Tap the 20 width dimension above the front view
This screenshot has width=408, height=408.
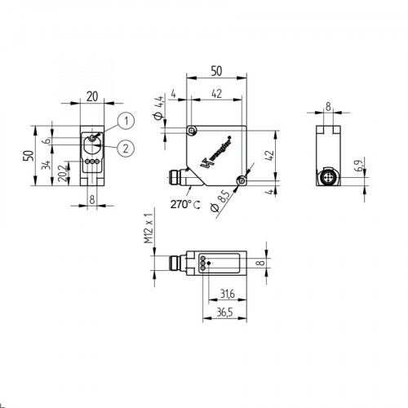(x=91, y=96)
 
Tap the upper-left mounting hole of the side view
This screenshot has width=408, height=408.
(x=191, y=131)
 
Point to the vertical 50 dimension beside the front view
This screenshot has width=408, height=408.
(x=26, y=156)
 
